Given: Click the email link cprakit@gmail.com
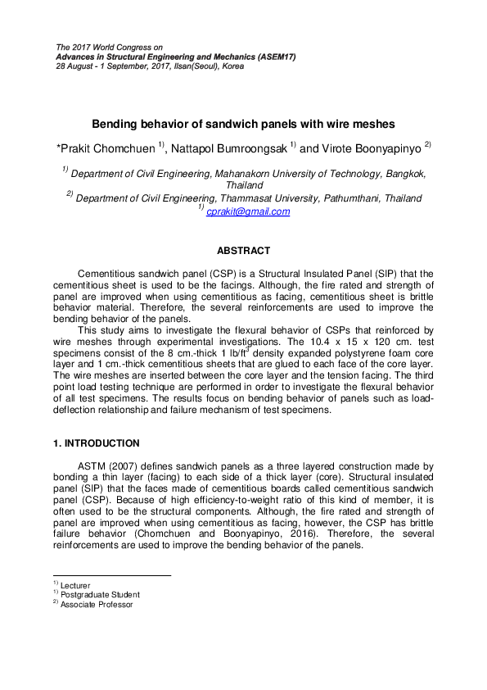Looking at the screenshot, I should pos(248,211).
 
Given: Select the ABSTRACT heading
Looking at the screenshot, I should pos(243,251).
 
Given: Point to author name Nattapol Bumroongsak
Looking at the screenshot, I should pos(232,148).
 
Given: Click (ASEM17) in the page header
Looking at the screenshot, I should pos(271,57).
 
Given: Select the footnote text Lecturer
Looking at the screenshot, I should pos(75,585).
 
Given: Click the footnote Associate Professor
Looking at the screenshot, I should pos(97,604).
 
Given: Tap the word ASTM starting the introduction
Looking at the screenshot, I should pos(92,466).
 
